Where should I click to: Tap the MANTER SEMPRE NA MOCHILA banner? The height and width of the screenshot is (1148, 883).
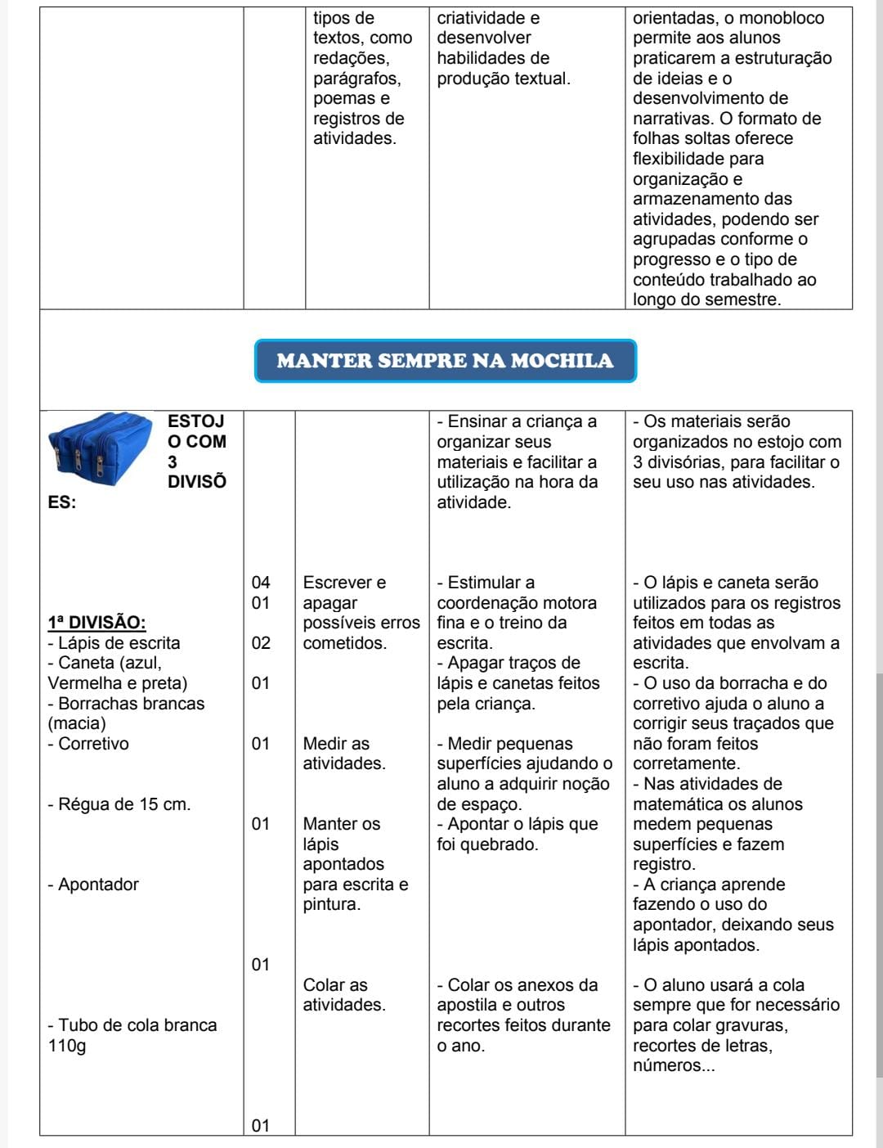[x=445, y=361]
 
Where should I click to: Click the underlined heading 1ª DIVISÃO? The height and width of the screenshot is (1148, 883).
[x=96, y=623]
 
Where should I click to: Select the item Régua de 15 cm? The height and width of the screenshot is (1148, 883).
[x=119, y=804]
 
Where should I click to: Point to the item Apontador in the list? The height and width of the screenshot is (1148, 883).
[x=94, y=885]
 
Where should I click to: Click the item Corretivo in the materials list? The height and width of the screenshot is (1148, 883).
[x=89, y=744]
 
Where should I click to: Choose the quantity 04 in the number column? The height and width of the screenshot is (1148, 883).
[x=261, y=583]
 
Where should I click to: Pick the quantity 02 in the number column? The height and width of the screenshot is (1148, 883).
[x=261, y=643]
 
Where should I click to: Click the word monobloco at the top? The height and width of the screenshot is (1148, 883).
[x=781, y=18]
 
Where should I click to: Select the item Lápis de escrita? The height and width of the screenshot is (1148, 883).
[x=114, y=643]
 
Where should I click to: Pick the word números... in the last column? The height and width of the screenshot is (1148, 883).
[x=674, y=1065]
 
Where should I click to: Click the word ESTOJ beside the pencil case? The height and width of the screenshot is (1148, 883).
[x=196, y=421]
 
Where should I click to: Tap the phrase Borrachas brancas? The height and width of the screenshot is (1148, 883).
[x=127, y=704]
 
